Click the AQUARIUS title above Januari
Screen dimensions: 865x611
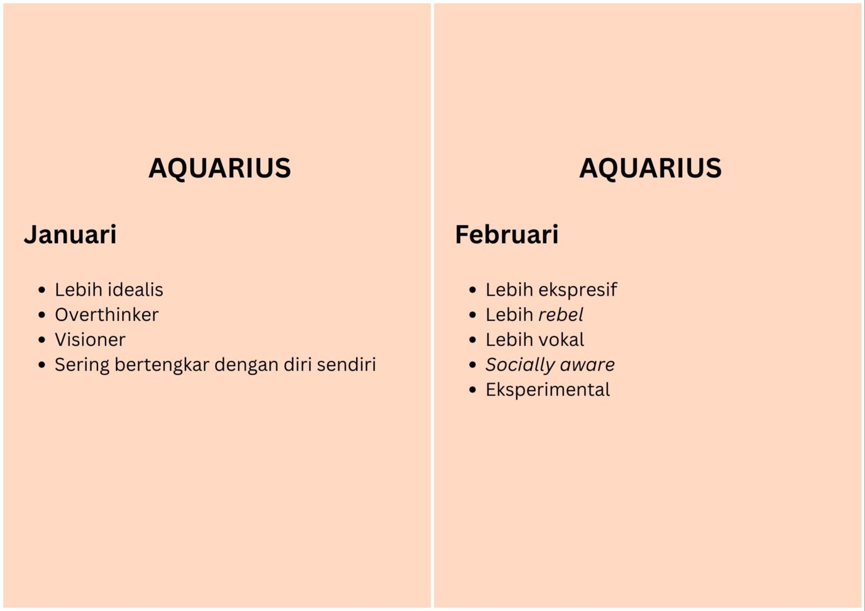click(219, 169)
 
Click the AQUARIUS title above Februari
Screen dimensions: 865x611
click(650, 169)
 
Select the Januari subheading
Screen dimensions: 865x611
click(70, 234)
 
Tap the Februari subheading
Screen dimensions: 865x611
click(507, 234)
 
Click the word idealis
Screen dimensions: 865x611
click(136, 290)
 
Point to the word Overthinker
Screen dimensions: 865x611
click(107, 314)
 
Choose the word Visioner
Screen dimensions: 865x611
click(90, 340)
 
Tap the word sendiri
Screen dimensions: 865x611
click(347, 364)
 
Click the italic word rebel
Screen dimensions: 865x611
click(561, 314)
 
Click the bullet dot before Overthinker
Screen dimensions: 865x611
click(42, 315)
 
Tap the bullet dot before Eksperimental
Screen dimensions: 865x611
click(473, 390)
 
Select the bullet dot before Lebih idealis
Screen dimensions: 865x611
click(42, 290)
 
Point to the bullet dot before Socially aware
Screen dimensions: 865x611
click(473, 365)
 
